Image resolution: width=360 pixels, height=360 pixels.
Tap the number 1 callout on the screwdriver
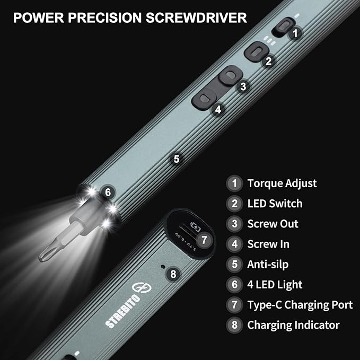click(x=296, y=32)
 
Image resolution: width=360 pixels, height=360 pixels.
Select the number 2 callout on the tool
click(x=269, y=61)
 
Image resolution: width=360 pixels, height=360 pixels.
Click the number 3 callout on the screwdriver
click(x=243, y=86)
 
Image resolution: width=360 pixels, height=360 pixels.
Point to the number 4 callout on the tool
click(x=218, y=110)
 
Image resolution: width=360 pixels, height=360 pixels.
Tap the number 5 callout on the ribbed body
click(x=177, y=159)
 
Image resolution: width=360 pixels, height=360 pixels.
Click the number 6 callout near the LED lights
click(x=108, y=192)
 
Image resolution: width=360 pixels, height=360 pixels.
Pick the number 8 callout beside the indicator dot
click(x=173, y=274)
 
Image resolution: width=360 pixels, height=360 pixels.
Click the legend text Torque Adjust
click(x=282, y=183)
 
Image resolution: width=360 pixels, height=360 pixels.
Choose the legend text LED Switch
click(x=275, y=204)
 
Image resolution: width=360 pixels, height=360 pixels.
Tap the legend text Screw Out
click(x=273, y=224)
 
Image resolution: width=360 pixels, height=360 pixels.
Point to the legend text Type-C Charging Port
click(x=300, y=305)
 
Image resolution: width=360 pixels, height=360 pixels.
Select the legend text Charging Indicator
click(x=293, y=325)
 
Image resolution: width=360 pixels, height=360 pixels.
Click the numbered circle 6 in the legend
click(x=234, y=285)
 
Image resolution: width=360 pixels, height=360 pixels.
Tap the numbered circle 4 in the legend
click(x=234, y=244)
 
